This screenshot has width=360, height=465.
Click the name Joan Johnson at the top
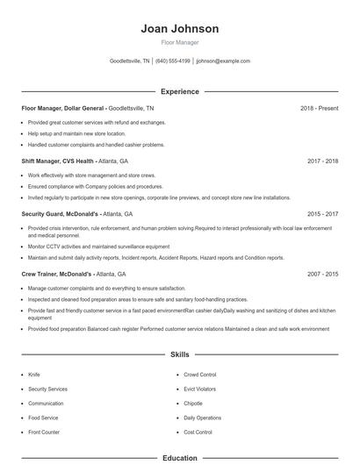pos(179,28)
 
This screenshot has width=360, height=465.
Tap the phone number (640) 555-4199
pos(173,61)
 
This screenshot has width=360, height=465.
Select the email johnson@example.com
pos(223,61)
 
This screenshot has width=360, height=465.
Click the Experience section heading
pos(179,91)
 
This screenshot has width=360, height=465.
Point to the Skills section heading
pos(179,355)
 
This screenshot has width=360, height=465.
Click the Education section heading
pos(179,457)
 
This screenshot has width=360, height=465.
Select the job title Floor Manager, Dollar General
pos(63,108)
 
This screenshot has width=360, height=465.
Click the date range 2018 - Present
pos(319,108)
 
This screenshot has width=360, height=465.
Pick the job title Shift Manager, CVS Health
pos(58,161)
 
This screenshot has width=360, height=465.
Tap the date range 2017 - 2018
pos(322,161)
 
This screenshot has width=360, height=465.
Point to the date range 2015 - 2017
pos(322,213)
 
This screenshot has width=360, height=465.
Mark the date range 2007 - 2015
pos(322,274)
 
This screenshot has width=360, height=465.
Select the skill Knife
pos(34,375)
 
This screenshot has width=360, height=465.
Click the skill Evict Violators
pos(200,389)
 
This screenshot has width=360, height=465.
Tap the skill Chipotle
pos(193,404)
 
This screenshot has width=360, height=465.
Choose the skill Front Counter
pos(44,433)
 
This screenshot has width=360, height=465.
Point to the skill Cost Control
pos(198,433)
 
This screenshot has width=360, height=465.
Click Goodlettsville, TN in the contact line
pos(130,61)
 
